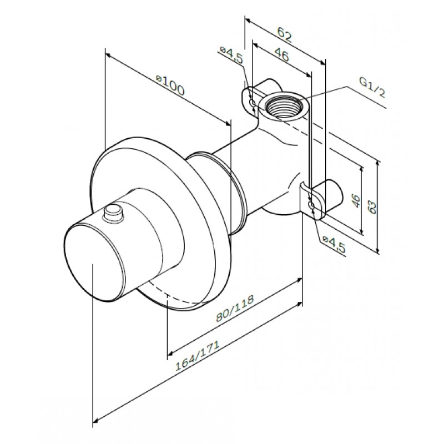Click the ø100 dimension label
coord(170,85)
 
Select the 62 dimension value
coord(284,34)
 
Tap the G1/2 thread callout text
coord(372,88)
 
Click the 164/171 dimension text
coord(198,356)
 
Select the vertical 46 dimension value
coord(356,200)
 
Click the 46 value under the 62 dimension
coord(282,56)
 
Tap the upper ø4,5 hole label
coord(231,54)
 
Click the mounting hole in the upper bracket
coord(253,103)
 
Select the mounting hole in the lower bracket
coord(312,205)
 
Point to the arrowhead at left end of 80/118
coord(170,353)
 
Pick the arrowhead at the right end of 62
coord(322,63)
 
